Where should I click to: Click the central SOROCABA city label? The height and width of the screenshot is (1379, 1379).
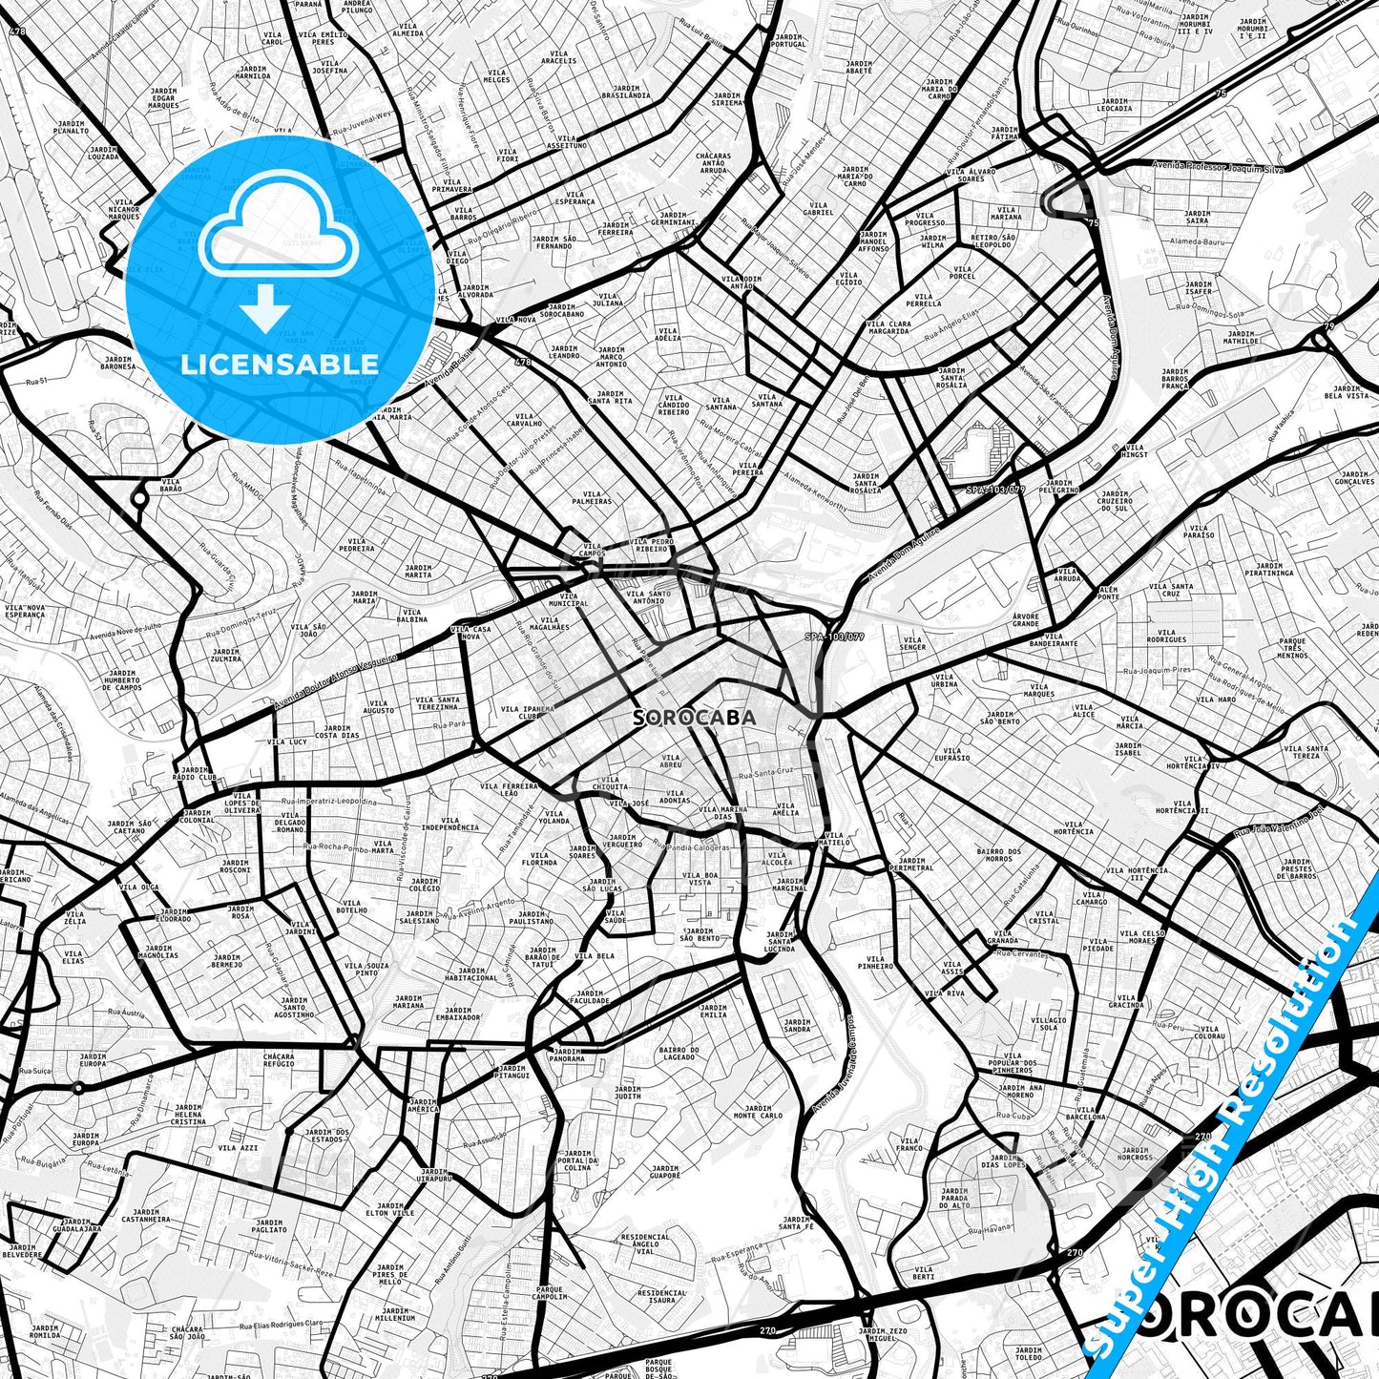(695, 718)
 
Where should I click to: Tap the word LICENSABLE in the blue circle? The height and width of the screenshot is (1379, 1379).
(280, 364)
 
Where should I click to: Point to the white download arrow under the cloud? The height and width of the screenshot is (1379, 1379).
(265, 309)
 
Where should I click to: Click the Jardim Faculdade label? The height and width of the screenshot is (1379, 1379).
(590, 997)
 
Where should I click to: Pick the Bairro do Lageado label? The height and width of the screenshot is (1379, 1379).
(679, 1054)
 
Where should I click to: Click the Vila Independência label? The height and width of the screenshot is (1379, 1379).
(449, 824)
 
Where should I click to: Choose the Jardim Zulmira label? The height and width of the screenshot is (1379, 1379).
(226, 656)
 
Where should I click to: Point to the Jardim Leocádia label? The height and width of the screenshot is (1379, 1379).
(1114, 104)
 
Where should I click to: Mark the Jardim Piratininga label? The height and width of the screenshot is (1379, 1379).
(1269, 570)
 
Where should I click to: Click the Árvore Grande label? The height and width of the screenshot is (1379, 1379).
(1026, 620)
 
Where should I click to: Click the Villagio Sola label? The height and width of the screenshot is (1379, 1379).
(1049, 1024)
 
